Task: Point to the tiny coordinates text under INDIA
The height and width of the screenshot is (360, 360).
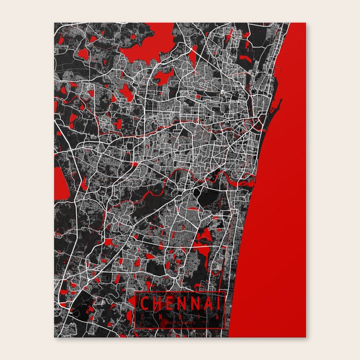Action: coord(179,323)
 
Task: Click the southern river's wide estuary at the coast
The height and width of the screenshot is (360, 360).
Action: coord(247,179)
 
